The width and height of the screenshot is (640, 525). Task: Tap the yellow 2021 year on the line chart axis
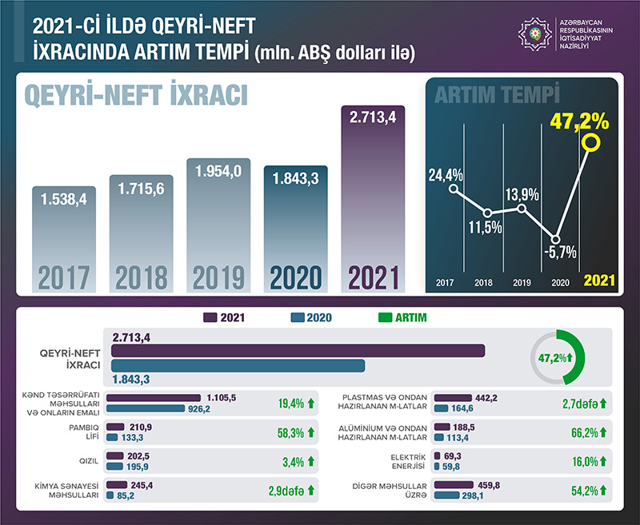[598, 281]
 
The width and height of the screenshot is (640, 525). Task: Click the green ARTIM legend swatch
[382, 317]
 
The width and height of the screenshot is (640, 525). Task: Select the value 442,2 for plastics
[486, 397]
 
